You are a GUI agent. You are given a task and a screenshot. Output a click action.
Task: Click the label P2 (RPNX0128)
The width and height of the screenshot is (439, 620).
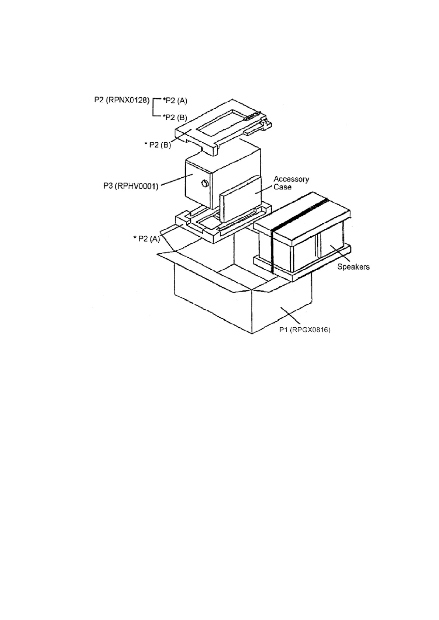point(121,100)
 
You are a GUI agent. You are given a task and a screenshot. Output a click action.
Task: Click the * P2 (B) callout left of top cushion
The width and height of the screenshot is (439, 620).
point(158,145)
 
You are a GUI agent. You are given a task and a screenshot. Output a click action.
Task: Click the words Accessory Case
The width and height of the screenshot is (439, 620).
point(291,183)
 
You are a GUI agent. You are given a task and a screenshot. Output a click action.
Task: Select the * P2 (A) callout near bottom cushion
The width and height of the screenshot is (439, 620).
point(146,239)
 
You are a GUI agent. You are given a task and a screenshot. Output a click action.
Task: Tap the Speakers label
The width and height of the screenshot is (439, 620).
point(353,267)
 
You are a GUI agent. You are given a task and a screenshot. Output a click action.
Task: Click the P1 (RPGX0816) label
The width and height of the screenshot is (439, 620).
point(304,330)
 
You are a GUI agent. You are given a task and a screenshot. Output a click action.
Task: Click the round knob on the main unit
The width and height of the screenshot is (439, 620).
point(204,183)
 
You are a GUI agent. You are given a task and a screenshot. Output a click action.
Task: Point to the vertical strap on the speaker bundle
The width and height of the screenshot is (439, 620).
point(273,251)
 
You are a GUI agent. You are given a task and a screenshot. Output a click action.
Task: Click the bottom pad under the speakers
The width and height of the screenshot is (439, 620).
point(280,271)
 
